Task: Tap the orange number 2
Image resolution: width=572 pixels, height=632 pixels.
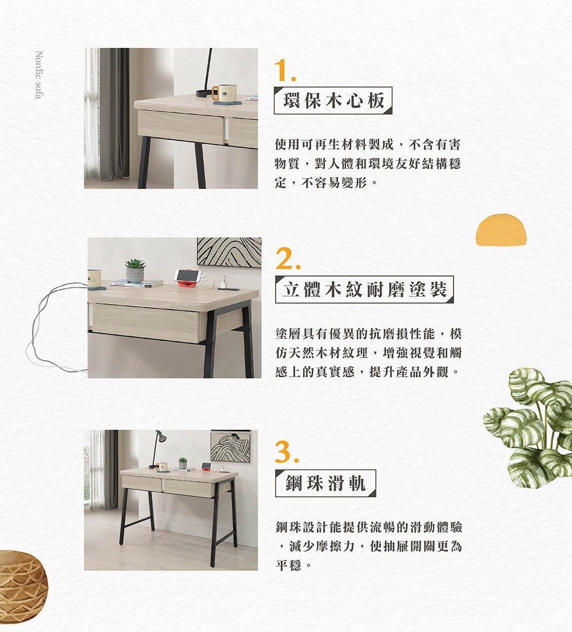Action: pos(287,260)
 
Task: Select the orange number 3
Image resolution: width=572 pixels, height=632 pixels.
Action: pos(287,453)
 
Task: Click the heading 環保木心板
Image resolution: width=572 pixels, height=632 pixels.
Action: pos(333,101)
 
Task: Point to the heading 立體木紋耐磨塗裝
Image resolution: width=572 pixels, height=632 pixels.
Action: pos(364,290)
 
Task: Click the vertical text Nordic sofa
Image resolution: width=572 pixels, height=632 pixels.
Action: pos(38,75)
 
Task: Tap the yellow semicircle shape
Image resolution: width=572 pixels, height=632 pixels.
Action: pos(500,230)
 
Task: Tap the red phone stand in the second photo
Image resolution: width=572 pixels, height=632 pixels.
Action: pos(187,278)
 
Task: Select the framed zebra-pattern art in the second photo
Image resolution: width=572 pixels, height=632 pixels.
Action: pos(229,252)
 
